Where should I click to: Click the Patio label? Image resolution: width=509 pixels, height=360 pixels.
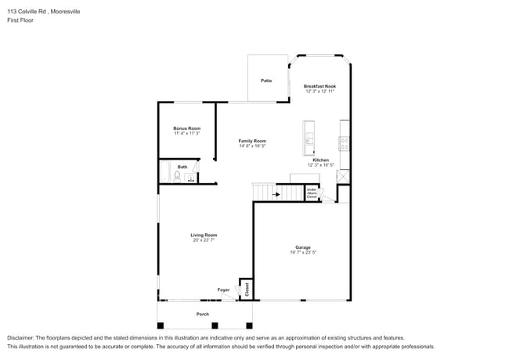[x=266, y=81]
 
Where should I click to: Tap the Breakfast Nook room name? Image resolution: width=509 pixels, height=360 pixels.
[x=319, y=86]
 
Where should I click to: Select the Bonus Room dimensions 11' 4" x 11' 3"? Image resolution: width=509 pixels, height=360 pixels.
[x=187, y=133]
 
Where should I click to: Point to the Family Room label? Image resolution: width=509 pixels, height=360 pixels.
[x=252, y=141]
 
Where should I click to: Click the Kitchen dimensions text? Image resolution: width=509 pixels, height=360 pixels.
[x=321, y=165]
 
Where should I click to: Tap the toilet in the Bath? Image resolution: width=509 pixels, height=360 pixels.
[x=177, y=178]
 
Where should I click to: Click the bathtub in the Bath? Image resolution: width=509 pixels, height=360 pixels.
[x=165, y=171]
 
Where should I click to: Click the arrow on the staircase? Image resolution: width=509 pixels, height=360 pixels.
[x=274, y=193]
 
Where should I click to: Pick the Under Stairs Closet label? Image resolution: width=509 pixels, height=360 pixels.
[x=312, y=193]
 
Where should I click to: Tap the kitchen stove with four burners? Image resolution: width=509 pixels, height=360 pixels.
[x=345, y=143]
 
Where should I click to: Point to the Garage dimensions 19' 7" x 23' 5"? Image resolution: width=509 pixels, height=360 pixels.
[x=302, y=252]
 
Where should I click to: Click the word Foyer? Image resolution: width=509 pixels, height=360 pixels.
[x=223, y=290]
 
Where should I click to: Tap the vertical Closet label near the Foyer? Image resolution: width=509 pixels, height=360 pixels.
[x=245, y=290]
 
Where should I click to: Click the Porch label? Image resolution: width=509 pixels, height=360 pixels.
[x=202, y=314]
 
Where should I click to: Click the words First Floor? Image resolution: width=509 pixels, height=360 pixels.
[x=20, y=20]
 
